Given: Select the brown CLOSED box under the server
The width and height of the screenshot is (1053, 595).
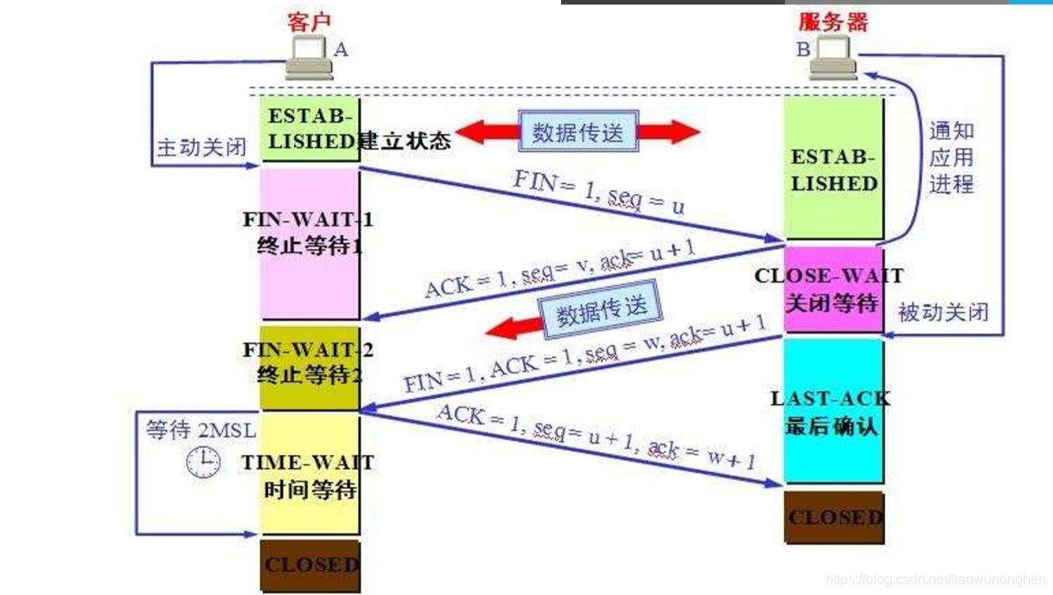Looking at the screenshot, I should [x=834, y=517].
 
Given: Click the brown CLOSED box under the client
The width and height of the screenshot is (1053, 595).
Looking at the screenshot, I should [x=310, y=565].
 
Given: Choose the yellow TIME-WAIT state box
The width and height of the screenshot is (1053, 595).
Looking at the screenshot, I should [x=310, y=474].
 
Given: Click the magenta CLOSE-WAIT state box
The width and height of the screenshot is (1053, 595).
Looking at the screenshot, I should [x=833, y=290].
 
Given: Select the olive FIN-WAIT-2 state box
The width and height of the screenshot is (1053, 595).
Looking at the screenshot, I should [x=310, y=366].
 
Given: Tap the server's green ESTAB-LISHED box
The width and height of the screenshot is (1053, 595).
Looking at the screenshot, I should [x=833, y=170].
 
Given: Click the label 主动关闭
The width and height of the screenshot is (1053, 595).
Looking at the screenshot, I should [x=201, y=147].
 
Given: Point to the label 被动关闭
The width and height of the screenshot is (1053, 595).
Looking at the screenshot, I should [x=943, y=311].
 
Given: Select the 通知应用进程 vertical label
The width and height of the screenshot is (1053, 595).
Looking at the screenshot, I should [x=951, y=157].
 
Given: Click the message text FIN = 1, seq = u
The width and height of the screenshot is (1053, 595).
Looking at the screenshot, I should [x=599, y=192].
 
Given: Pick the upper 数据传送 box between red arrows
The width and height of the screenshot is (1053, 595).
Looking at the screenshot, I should [x=578, y=132].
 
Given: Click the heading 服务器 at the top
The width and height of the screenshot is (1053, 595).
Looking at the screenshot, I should [x=833, y=22].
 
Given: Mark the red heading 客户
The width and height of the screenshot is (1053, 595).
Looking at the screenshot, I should [x=309, y=22].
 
